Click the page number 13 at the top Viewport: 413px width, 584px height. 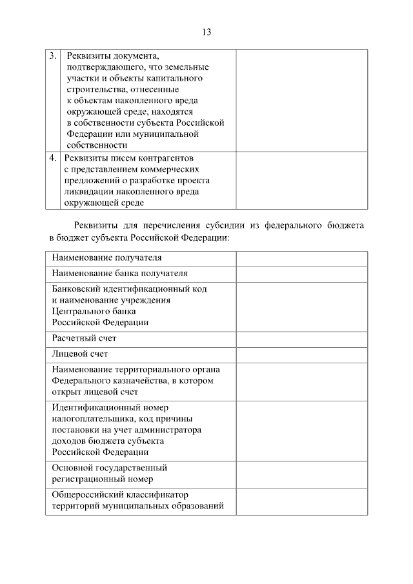(206, 32)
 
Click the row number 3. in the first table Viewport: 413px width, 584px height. (53, 55)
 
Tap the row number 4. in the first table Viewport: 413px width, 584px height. (53, 157)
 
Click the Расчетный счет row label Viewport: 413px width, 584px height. (84, 337)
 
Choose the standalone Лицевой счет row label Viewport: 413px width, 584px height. (79, 354)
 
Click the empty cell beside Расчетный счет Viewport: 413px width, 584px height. (301, 337)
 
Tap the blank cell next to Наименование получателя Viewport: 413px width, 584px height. (301, 258)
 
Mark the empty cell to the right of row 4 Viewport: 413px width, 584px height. (301, 180)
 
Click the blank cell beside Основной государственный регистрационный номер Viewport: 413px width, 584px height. (301, 473)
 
